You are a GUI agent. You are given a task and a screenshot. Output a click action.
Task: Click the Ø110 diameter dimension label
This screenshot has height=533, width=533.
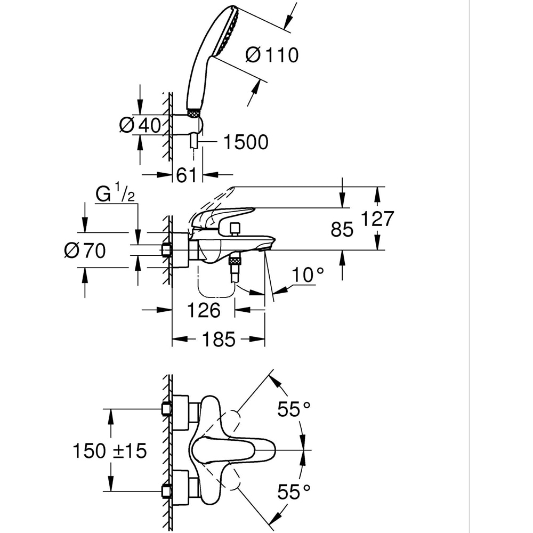pos(272,54)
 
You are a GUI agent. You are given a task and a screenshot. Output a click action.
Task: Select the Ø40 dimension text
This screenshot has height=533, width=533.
pos(140,126)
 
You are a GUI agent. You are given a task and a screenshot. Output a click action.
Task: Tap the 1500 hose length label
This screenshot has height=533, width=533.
pos(245,142)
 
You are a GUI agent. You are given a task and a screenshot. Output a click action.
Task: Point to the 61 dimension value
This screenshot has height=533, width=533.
pos(187,175)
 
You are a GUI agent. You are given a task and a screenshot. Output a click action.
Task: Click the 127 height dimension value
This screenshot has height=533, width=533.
pos(377,219)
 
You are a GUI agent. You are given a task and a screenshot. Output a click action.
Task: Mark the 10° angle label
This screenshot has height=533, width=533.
pos(308,275)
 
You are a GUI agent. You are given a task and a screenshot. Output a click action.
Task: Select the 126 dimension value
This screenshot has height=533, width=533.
pos(204,310)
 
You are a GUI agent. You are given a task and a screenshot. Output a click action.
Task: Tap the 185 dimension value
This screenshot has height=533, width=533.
pos(219,339)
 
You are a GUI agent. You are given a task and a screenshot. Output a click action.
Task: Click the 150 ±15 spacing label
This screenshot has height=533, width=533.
pos(109,451)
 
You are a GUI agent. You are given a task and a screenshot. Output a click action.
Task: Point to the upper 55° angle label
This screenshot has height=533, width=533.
pos(294,409)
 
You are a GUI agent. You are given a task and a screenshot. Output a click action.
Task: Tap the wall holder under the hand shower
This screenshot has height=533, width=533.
pos(195,125)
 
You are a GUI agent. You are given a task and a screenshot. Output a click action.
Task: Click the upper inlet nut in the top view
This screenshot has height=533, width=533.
pos(167,409)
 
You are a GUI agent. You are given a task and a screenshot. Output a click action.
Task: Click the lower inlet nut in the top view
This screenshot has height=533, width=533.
pos(167,491)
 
